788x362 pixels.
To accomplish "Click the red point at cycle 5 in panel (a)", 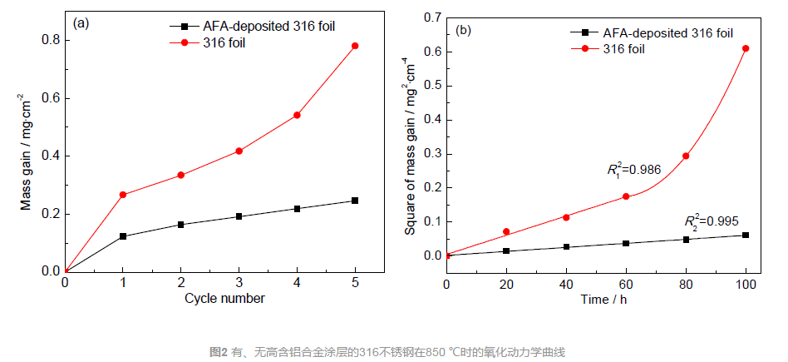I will tap(355, 46).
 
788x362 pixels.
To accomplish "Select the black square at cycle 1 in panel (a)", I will tap(123, 236).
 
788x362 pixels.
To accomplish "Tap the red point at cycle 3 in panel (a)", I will tap(239, 151).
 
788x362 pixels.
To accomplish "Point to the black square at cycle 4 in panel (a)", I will tap(297, 208).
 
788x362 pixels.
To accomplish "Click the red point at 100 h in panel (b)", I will tap(746, 48).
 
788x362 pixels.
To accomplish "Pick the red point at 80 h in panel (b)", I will tap(686, 156).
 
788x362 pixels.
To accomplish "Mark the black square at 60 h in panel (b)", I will tap(626, 243).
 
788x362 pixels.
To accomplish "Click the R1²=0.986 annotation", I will tap(634, 170).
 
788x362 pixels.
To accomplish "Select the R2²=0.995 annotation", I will tap(711, 221).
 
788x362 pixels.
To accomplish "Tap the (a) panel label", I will tap(81, 23).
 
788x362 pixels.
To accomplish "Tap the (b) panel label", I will tap(464, 31).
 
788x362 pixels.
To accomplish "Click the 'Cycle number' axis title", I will tap(224, 299).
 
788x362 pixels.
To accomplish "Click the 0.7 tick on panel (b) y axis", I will tap(432, 17).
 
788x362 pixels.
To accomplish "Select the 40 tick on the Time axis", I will tap(566, 285).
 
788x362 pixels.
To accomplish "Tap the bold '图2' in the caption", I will tap(219, 352).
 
